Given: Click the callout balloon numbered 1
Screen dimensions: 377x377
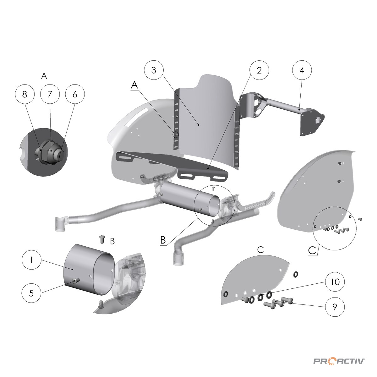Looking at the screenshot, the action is (x=32, y=260).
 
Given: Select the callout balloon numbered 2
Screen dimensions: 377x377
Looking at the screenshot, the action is (x=259, y=70).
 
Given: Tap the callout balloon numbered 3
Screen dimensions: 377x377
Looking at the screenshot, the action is (x=154, y=70).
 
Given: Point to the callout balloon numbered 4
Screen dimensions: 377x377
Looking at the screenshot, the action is (x=302, y=70).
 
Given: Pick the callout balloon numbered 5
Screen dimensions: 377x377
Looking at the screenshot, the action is (x=32, y=293).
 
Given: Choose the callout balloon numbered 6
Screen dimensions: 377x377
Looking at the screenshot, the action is (x=75, y=94).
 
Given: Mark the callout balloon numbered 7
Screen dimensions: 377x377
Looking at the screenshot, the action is (x=50, y=94).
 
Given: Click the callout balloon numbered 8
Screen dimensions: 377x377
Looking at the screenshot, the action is (x=25, y=94).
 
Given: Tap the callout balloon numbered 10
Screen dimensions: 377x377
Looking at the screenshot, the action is (x=335, y=282).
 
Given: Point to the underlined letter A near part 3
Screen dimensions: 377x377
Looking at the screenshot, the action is (x=134, y=85).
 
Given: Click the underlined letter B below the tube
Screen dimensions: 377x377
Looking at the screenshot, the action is (x=163, y=240).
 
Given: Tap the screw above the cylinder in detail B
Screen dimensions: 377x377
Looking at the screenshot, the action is (x=102, y=239).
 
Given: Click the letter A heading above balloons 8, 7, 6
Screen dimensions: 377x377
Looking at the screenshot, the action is (x=44, y=75).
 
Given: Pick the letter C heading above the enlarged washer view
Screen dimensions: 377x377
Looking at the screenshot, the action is (x=260, y=250).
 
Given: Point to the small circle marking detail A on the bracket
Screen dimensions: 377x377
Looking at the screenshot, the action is (x=176, y=134).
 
